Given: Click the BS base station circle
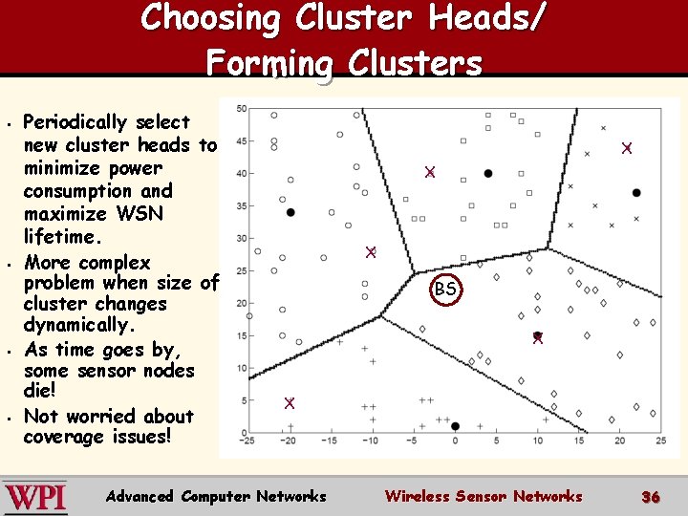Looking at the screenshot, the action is coord(445,289).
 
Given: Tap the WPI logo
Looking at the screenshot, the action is coord(35,497).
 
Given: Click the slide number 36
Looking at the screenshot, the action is coord(650,497).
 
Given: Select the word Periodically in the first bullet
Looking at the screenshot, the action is coord(75,122).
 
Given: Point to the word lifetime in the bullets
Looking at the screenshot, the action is coord(63,236).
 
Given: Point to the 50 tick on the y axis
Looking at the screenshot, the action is coord(241,109).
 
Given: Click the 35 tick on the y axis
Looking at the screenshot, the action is coord(241,205).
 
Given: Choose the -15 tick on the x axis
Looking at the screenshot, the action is coord(329,441).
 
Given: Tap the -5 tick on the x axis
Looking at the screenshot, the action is coord(413,441).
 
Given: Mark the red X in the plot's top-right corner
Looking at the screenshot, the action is coord(627,148).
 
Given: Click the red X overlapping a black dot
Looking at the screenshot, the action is coord(538,337).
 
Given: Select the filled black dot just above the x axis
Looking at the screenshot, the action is coord(455,425).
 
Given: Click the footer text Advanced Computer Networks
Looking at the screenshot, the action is coord(216,496).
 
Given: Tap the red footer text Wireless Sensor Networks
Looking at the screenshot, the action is coord(483,496).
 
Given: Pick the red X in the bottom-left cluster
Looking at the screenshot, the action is coord(290,402).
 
